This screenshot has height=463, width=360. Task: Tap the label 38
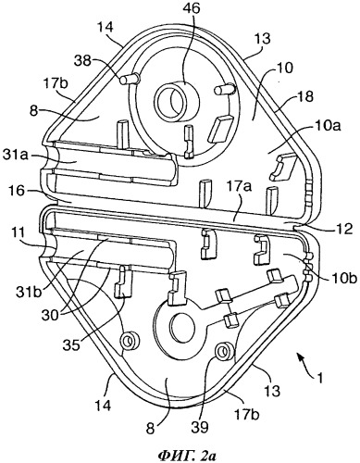pos(83,61)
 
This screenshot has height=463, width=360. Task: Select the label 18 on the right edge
pos(304,96)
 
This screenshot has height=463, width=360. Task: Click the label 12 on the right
pos(343,229)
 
